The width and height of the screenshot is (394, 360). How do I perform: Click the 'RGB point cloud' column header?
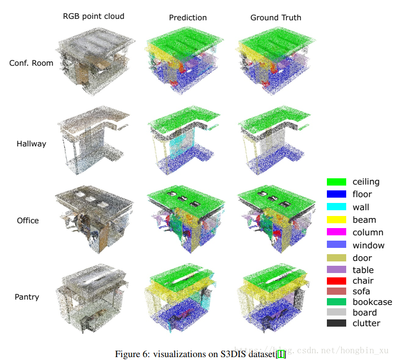coord(94,16)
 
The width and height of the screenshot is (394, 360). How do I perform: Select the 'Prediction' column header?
coord(188,17)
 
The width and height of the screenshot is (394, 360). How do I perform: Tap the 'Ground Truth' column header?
coord(276,17)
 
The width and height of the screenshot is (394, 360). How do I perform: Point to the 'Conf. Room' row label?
coord(31,63)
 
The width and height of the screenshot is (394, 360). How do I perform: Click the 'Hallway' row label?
coord(31,144)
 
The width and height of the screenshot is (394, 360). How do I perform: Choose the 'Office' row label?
coord(28,220)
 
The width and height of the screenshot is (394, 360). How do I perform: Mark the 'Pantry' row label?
coord(27,297)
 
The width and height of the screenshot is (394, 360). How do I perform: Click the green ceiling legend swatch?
coord(337,182)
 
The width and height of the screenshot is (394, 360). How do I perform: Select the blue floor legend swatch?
coord(337,194)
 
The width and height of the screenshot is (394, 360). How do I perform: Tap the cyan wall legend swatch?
coord(337,207)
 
